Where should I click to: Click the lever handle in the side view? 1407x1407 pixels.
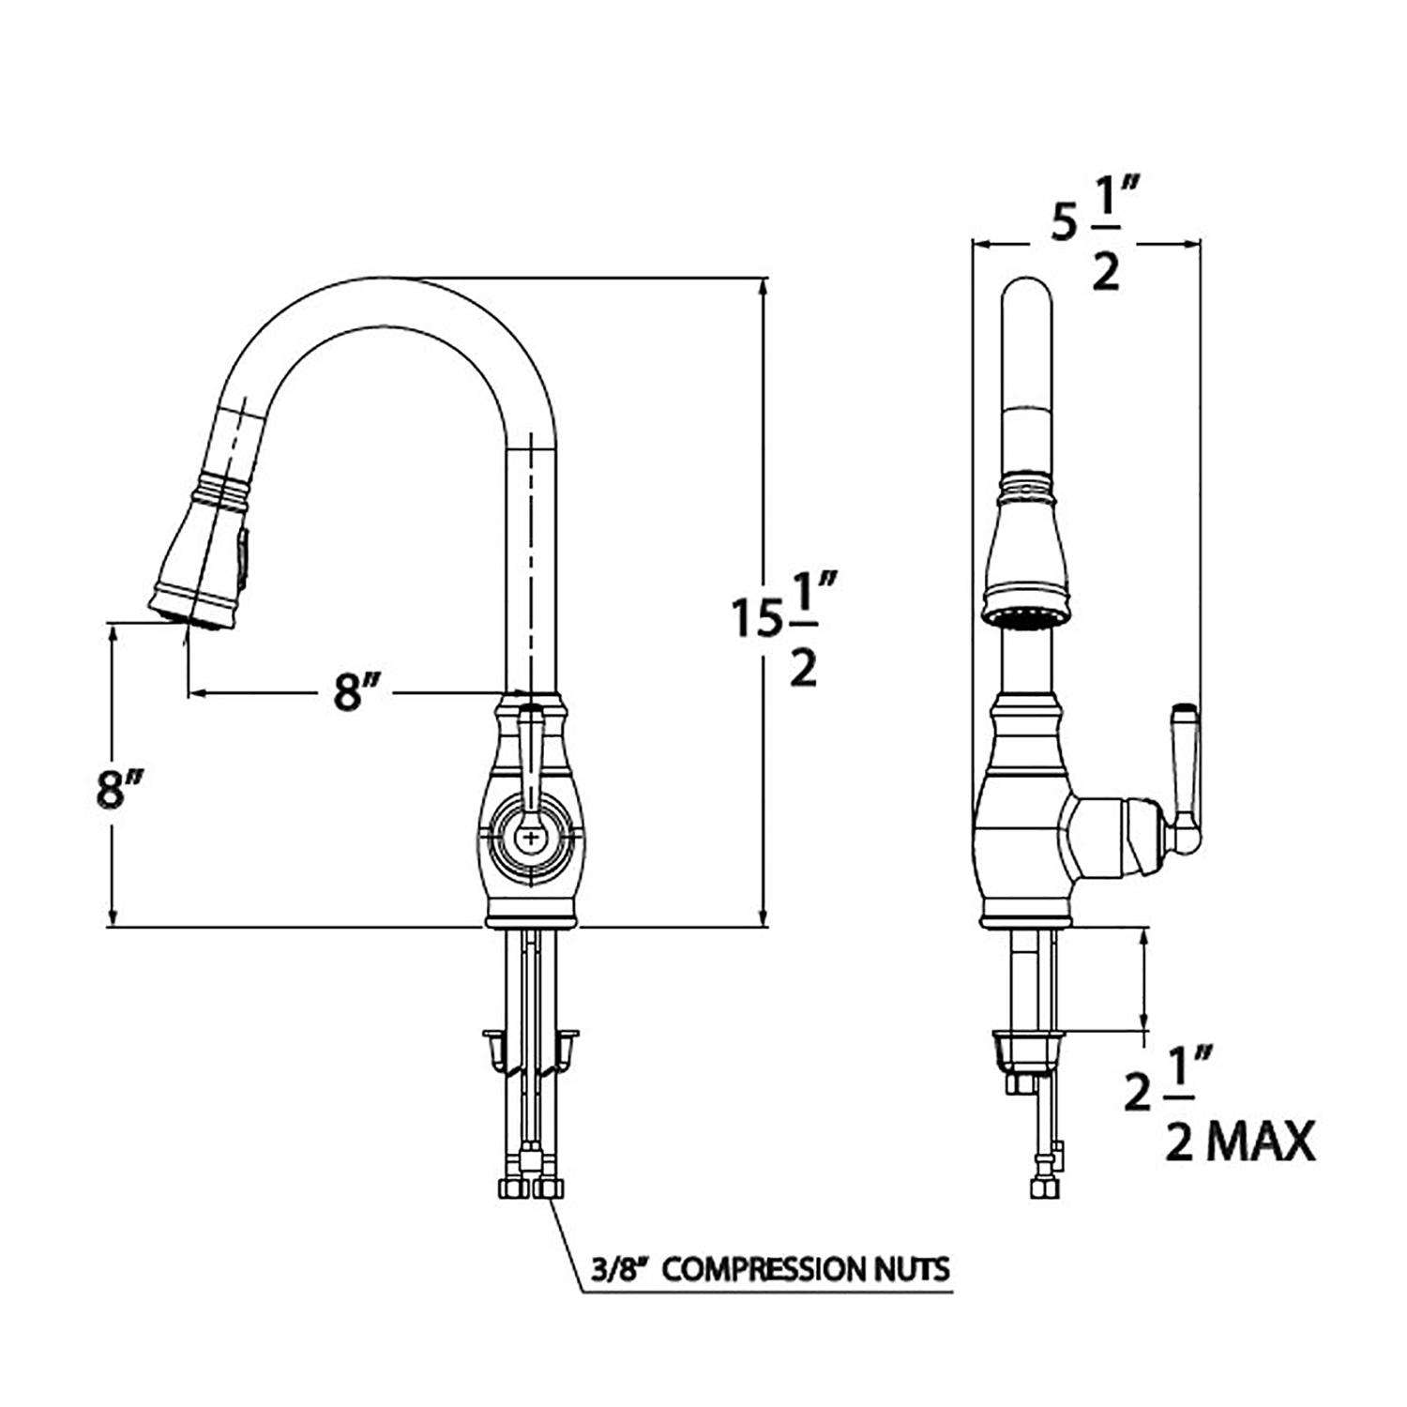pos(1184,779)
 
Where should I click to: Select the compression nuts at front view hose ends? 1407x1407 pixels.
pos(531,1188)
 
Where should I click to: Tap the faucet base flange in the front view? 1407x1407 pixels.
pos(532,918)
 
